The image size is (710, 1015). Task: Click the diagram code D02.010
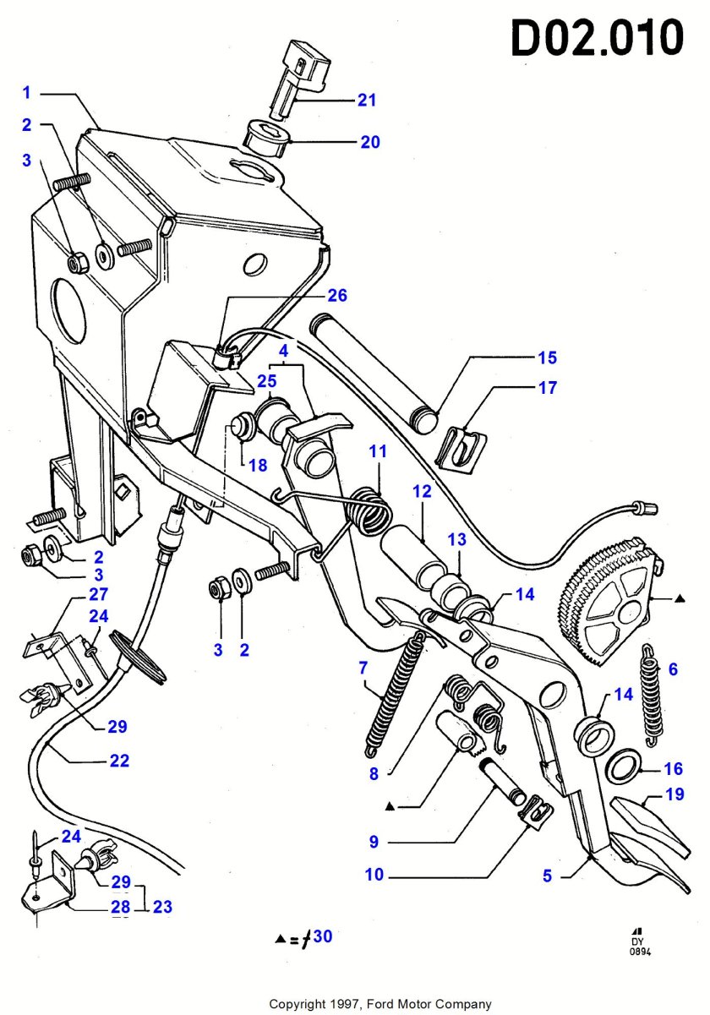tap(598, 38)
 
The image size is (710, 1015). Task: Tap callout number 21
tap(366, 101)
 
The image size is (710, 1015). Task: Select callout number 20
tap(370, 142)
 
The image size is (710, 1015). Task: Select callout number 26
tap(337, 296)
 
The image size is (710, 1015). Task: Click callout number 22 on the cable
tap(119, 761)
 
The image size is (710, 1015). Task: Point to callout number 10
tap(374, 875)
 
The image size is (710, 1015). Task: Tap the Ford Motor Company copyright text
tap(380, 1004)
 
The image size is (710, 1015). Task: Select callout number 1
tap(27, 91)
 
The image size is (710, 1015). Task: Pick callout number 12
tap(422, 490)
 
